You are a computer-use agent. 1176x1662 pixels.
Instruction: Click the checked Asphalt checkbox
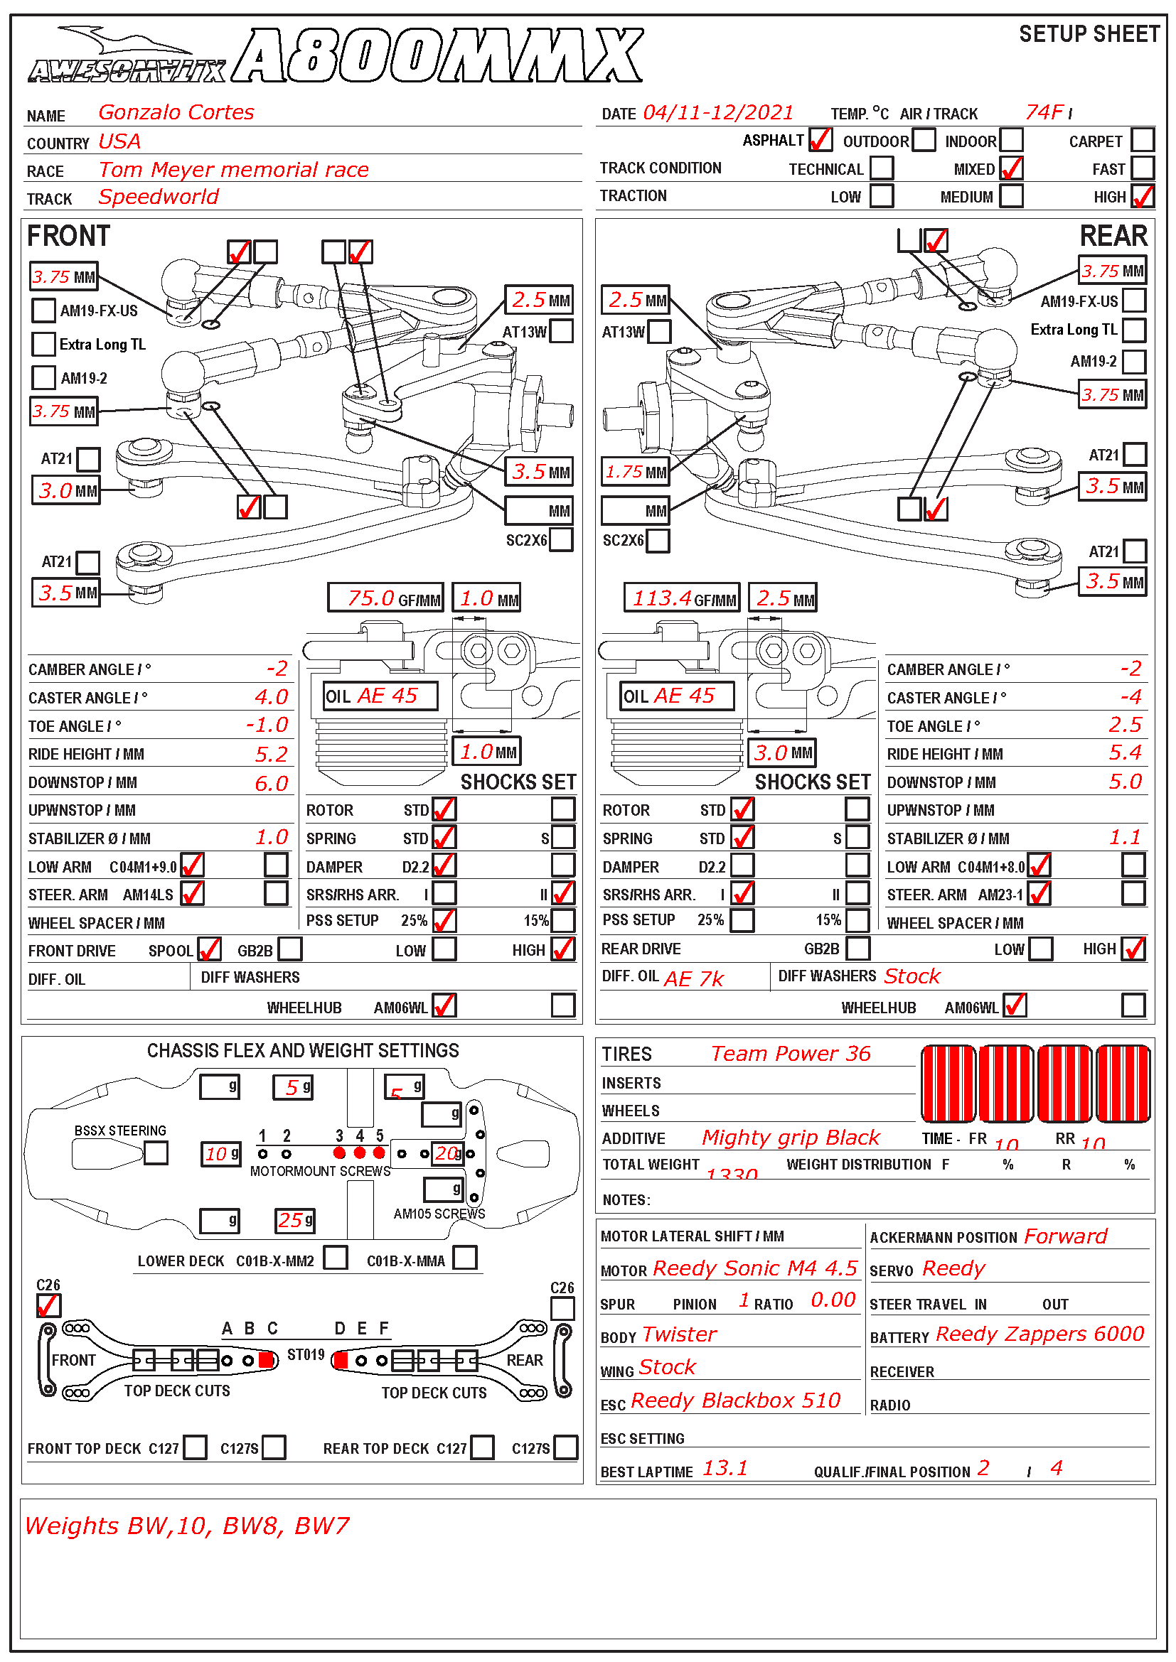pos(820,140)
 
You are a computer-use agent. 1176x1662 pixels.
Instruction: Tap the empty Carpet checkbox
pos(1142,140)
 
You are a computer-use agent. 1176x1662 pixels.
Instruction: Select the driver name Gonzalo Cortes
pos(176,112)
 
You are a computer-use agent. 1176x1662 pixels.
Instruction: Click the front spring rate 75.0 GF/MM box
pos(385,598)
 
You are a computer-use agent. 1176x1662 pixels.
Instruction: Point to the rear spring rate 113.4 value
pos(662,598)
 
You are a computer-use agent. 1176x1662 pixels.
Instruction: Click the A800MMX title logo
pos(439,55)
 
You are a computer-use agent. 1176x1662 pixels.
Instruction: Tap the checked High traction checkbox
pos(1142,196)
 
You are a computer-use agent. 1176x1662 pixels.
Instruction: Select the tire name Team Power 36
pos(790,1053)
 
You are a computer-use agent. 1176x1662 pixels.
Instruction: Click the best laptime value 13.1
pos(725,1468)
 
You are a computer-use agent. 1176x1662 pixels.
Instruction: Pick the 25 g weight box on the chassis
pos(295,1221)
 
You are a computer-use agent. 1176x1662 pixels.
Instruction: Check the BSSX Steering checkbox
pos(156,1153)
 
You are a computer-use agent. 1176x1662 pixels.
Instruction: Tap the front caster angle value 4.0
pos(271,697)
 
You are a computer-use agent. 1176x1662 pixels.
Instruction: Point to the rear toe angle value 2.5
pos(1125,725)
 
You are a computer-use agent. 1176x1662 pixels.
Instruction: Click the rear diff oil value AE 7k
pos(694,978)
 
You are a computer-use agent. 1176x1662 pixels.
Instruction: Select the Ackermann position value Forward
pos(1065,1236)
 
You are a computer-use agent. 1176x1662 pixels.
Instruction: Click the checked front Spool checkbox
pos(209,949)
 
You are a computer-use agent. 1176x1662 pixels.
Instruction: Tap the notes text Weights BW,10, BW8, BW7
pos(187,1526)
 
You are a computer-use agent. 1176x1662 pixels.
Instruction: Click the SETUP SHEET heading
pos(1089,34)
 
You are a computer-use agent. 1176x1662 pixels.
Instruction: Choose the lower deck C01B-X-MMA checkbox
pos(465,1258)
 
